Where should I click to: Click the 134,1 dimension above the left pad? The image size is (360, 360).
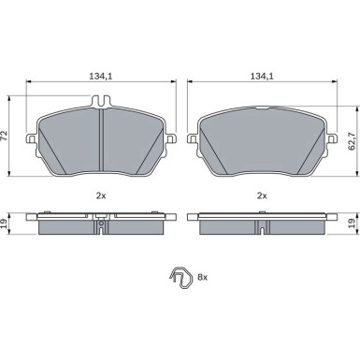pyautogui.click(x=100, y=76)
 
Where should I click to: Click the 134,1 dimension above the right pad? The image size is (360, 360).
pyautogui.click(x=262, y=76)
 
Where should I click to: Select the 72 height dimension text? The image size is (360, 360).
pyautogui.click(x=4, y=136)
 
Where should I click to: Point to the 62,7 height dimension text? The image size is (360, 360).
pyautogui.click(x=353, y=141)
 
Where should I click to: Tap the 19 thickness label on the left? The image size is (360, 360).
pyautogui.click(x=4, y=223)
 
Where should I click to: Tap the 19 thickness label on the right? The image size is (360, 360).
pyautogui.click(x=352, y=223)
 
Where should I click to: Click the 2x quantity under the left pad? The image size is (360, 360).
pyautogui.click(x=101, y=195)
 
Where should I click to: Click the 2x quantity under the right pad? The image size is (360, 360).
pyautogui.click(x=262, y=195)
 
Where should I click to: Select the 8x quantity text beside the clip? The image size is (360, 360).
pyautogui.click(x=203, y=277)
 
